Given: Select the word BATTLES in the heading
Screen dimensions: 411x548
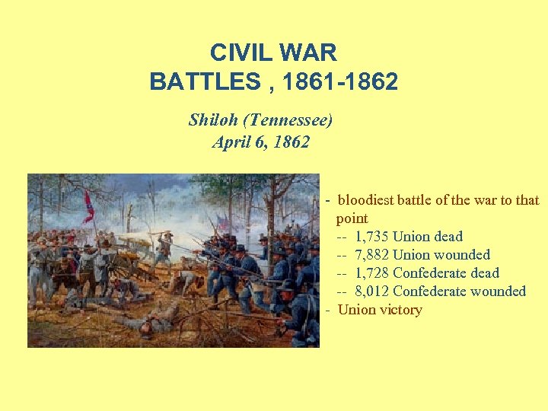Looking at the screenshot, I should click(205, 81).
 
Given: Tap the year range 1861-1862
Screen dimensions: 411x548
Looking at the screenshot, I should click(339, 81).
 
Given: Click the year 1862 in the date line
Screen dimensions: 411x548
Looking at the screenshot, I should click(293, 142).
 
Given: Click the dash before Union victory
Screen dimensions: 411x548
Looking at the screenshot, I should click(327, 310).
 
